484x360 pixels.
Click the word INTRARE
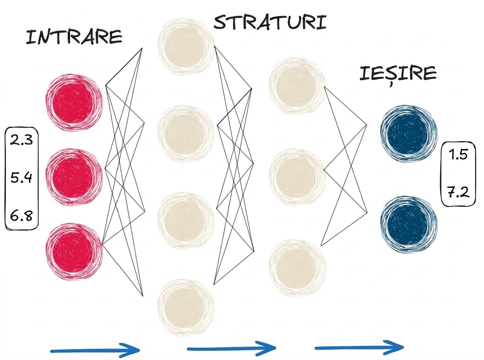(x=74, y=37)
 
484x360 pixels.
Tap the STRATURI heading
(x=270, y=22)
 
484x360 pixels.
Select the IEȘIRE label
(x=398, y=74)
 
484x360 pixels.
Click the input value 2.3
(x=21, y=140)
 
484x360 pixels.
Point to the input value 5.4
(x=21, y=178)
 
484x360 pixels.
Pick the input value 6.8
(x=21, y=216)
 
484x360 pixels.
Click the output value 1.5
(x=458, y=155)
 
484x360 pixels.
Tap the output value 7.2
(x=458, y=192)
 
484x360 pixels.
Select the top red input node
(x=74, y=103)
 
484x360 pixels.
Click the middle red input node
(x=74, y=177)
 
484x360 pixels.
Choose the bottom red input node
(x=74, y=252)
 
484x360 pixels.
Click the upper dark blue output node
(x=409, y=134)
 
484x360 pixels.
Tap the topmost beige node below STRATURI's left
(x=186, y=46)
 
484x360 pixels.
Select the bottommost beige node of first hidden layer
(x=186, y=308)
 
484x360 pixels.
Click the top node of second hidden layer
(x=297, y=86)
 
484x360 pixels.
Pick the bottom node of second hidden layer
(x=297, y=268)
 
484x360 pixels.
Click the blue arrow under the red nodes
(x=95, y=350)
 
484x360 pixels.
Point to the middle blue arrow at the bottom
(x=231, y=348)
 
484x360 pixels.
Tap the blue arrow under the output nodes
(x=359, y=347)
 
